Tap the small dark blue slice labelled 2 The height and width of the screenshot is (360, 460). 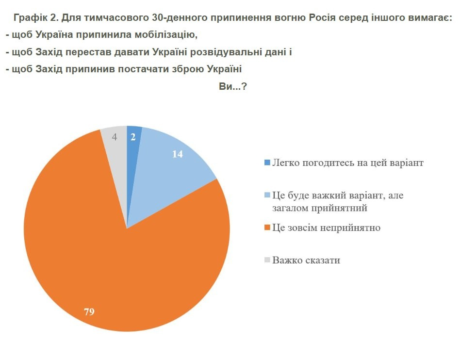click(x=132, y=146)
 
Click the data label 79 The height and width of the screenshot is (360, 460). click(x=89, y=312)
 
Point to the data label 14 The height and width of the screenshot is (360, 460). click(x=178, y=154)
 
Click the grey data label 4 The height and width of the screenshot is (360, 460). click(x=115, y=137)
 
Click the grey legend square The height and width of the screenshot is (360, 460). click(x=266, y=261)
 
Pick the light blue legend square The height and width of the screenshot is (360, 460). click(x=266, y=196)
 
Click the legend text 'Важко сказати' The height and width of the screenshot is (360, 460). click(x=306, y=261)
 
